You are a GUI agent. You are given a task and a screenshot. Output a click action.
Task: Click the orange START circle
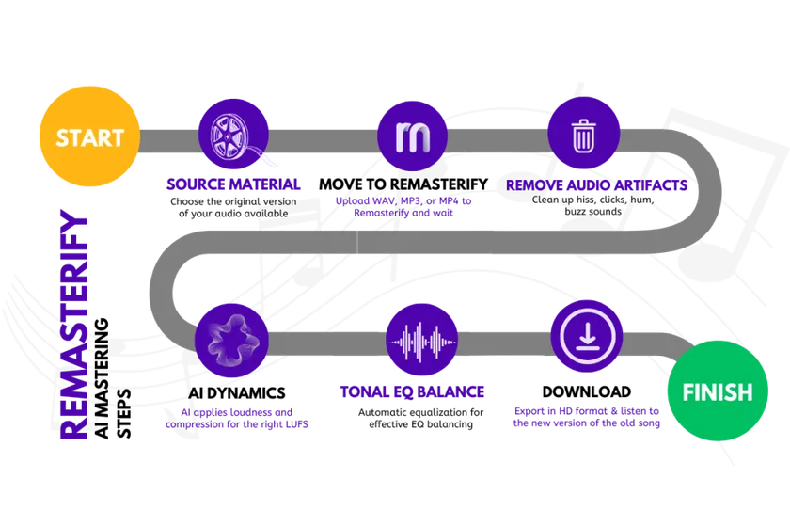pos(89,136)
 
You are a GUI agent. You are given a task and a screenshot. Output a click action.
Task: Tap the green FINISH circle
pos(718,391)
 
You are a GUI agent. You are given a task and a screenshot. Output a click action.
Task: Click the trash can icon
pos(583,133)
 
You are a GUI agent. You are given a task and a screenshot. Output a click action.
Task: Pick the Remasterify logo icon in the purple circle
pos(412,136)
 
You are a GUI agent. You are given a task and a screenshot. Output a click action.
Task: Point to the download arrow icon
pos(587,336)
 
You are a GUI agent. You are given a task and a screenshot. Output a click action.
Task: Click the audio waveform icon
pos(421,340)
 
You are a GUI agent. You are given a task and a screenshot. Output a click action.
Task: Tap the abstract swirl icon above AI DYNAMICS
pos(231,341)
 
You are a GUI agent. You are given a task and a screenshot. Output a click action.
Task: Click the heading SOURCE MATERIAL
pos(233,184)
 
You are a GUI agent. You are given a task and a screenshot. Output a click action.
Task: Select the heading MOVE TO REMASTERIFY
pos(403,184)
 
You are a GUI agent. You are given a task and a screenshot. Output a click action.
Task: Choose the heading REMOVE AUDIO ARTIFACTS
pos(596,185)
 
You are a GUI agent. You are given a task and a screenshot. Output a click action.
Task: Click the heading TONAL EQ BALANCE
pos(412,391)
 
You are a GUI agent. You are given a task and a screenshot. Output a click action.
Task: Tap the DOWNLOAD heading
pos(587,391)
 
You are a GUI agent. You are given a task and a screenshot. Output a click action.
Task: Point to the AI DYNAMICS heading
pos(237,392)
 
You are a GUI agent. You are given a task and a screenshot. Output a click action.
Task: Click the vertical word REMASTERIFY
pos(73,324)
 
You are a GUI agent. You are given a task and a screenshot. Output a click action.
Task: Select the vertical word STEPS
pos(124,413)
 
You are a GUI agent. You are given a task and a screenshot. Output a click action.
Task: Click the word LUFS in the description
pos(296,424)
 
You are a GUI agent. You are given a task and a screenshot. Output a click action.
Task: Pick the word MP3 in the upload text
pos(410,200)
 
